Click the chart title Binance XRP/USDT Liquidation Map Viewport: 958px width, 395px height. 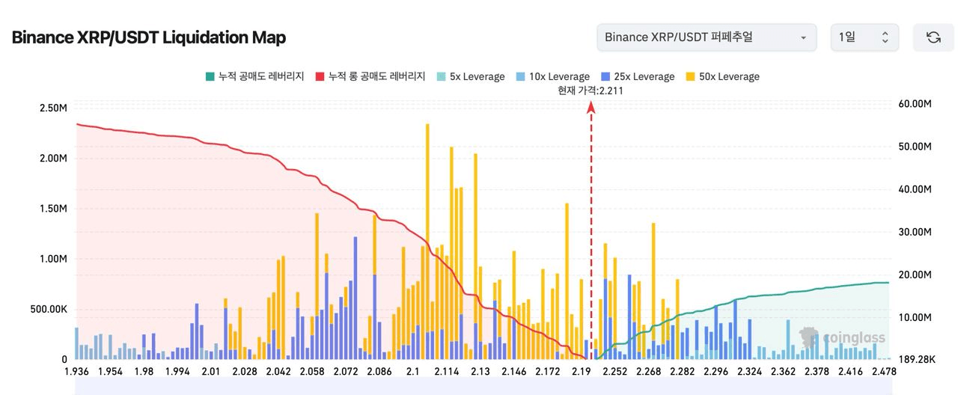pos(148,37)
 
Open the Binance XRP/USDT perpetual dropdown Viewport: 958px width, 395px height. pos(706,37)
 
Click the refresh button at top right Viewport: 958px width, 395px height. pos(933,37)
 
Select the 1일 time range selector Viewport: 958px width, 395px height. pos(864,37)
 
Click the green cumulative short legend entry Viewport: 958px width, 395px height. pos(254,76)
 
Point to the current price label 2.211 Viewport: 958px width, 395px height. pos(591,91)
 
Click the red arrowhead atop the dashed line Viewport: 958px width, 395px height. pos(591,107)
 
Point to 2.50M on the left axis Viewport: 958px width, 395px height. pos(53,108)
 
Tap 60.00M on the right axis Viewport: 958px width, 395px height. pos(915,104)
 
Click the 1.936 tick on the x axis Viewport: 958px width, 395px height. pos(77,372)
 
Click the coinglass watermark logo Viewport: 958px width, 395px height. pos(843,337)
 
